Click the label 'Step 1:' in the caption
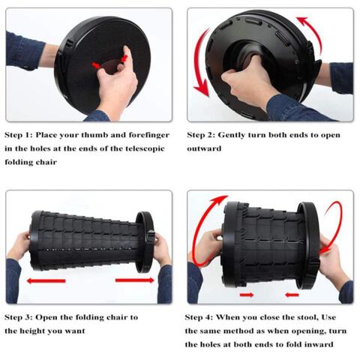19,135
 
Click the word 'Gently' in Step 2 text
231,135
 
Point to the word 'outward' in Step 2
204,148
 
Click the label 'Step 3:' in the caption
19,317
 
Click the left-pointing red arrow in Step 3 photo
46,281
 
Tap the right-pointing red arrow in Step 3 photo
134,280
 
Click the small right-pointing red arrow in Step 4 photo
247,295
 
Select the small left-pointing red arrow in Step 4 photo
292,295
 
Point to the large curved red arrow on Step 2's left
196,62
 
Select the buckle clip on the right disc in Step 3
151,238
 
